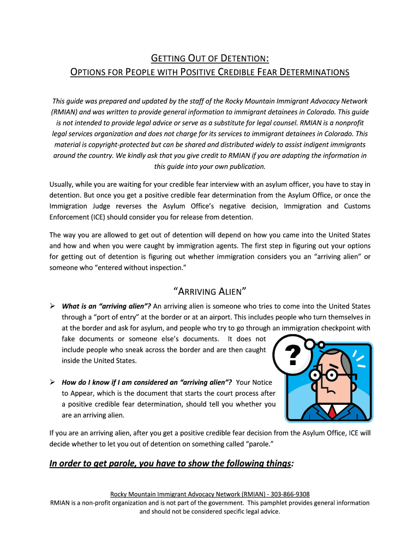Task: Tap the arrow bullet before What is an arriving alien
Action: tap(53, 306)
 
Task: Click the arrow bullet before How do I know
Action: tap(53, 382)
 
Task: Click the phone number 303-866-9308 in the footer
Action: tap(291, 494)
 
